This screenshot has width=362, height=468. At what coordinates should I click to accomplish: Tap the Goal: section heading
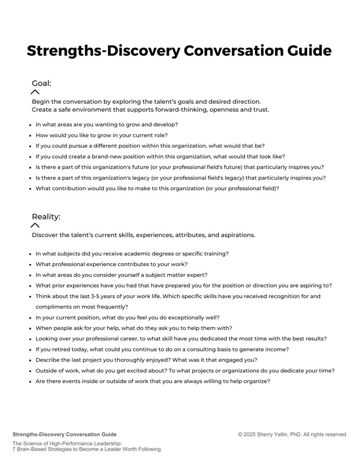tap(41, 83)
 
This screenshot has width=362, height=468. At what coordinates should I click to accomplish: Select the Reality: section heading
tap(46, 217)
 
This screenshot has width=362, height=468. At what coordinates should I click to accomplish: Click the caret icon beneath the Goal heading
tap(35, 92)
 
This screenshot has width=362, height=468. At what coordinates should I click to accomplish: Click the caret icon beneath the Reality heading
tap(35, 225)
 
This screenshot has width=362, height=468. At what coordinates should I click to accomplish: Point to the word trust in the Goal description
tap(261, 110)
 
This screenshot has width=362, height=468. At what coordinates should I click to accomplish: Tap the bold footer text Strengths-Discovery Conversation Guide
tap(65, 434)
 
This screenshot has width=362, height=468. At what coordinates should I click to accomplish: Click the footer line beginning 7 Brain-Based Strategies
tap(86, 449)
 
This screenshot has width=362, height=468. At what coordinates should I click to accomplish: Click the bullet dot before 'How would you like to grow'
tap(30, 135)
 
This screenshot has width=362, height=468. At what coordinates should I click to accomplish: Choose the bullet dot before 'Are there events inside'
tap(30, 381)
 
